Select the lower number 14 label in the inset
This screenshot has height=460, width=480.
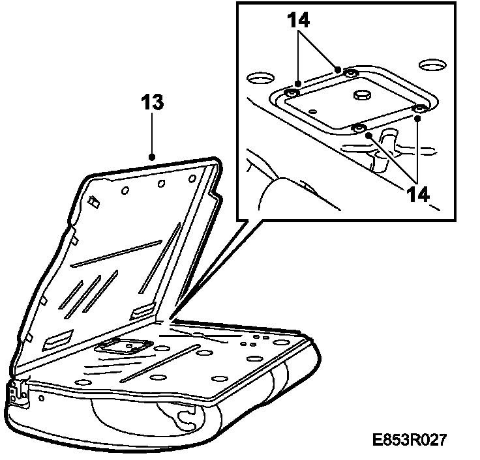click(x=416, y=194)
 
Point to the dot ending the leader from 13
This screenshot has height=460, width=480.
click(x=151, y=157)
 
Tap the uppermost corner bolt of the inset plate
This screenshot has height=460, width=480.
click(x=351, y=74)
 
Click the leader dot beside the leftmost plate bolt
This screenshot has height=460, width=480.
click(x=297, y=83)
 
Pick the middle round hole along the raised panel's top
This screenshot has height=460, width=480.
click(x=161, y=183)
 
